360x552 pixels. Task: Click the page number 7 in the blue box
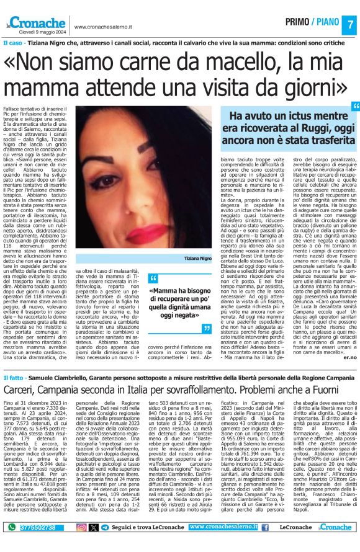pyautogui.click(x=349, y=24)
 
